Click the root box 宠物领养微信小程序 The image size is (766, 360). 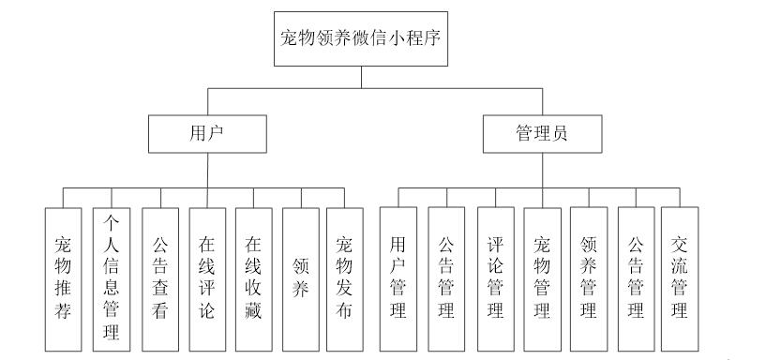pyautogui.click(x=361, y=38)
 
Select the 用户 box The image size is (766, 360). pyautogui.click(x=208, y=133)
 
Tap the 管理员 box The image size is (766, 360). pyautogui.click(x=541, y=133)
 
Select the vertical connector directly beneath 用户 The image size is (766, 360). pyautogui.click(x=208, y=170)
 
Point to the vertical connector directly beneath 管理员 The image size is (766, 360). pyautogui.click(x=541, y=170)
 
